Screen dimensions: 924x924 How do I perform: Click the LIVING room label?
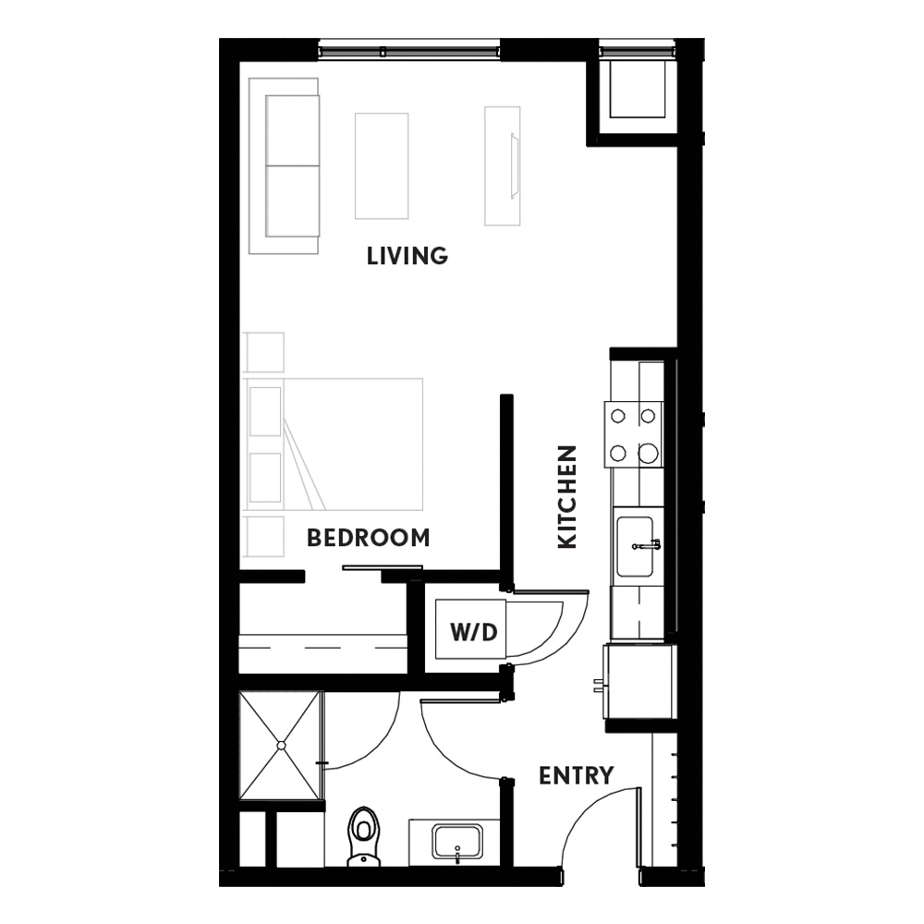[407, 256]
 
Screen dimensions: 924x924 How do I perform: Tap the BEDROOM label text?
[369, 538]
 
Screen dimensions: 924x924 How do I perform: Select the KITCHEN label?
[567, 497]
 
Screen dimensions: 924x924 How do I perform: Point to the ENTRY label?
[577, 775]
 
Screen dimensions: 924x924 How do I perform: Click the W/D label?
[474, 632]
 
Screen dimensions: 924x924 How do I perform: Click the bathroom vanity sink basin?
[457, 842]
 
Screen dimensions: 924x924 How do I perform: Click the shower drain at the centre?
[281, 746]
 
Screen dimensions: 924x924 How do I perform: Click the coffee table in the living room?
[382, 166]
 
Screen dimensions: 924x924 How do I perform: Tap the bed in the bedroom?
[333, 444]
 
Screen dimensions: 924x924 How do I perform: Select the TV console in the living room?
[503, 165]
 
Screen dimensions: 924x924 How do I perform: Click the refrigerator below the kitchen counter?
[638, 681]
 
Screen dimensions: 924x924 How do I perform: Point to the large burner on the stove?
[649, 453]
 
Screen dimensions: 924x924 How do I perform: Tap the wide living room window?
[409, 51]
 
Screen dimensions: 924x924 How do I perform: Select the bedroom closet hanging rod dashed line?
[322, 648]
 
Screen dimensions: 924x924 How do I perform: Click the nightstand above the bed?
[263, 352]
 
